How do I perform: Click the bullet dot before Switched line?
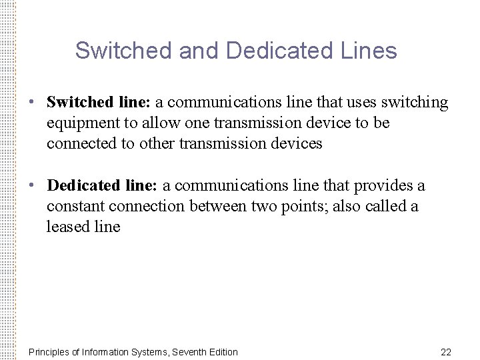tap(31, 103)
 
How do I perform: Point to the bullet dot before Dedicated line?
tap(31, 185)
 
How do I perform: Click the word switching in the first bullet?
tap(415, 103)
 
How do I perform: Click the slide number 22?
tap(446, 351)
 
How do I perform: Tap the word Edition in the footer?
tap(221, 351)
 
